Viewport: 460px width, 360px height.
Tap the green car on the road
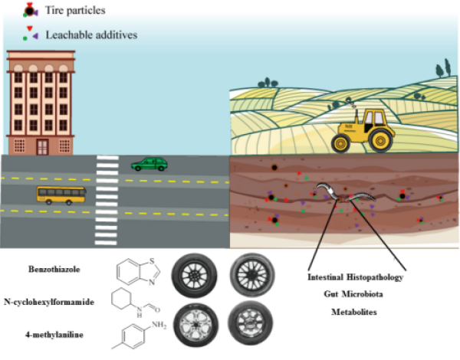click(x=149, y=164)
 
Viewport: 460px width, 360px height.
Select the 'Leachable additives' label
click(x=89, y=34)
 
